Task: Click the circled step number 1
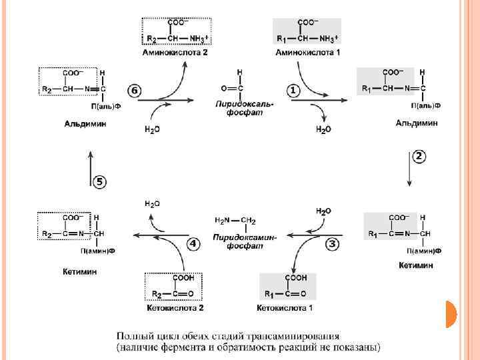293,89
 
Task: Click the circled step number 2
419,157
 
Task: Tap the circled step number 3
331,244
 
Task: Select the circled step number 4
193,244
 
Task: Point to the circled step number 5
99,182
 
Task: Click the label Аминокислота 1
307,52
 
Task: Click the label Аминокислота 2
175,52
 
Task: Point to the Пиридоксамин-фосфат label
245,241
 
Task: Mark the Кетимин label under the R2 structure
80,271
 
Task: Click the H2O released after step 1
323,129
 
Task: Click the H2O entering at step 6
152,129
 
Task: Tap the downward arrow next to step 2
408,175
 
